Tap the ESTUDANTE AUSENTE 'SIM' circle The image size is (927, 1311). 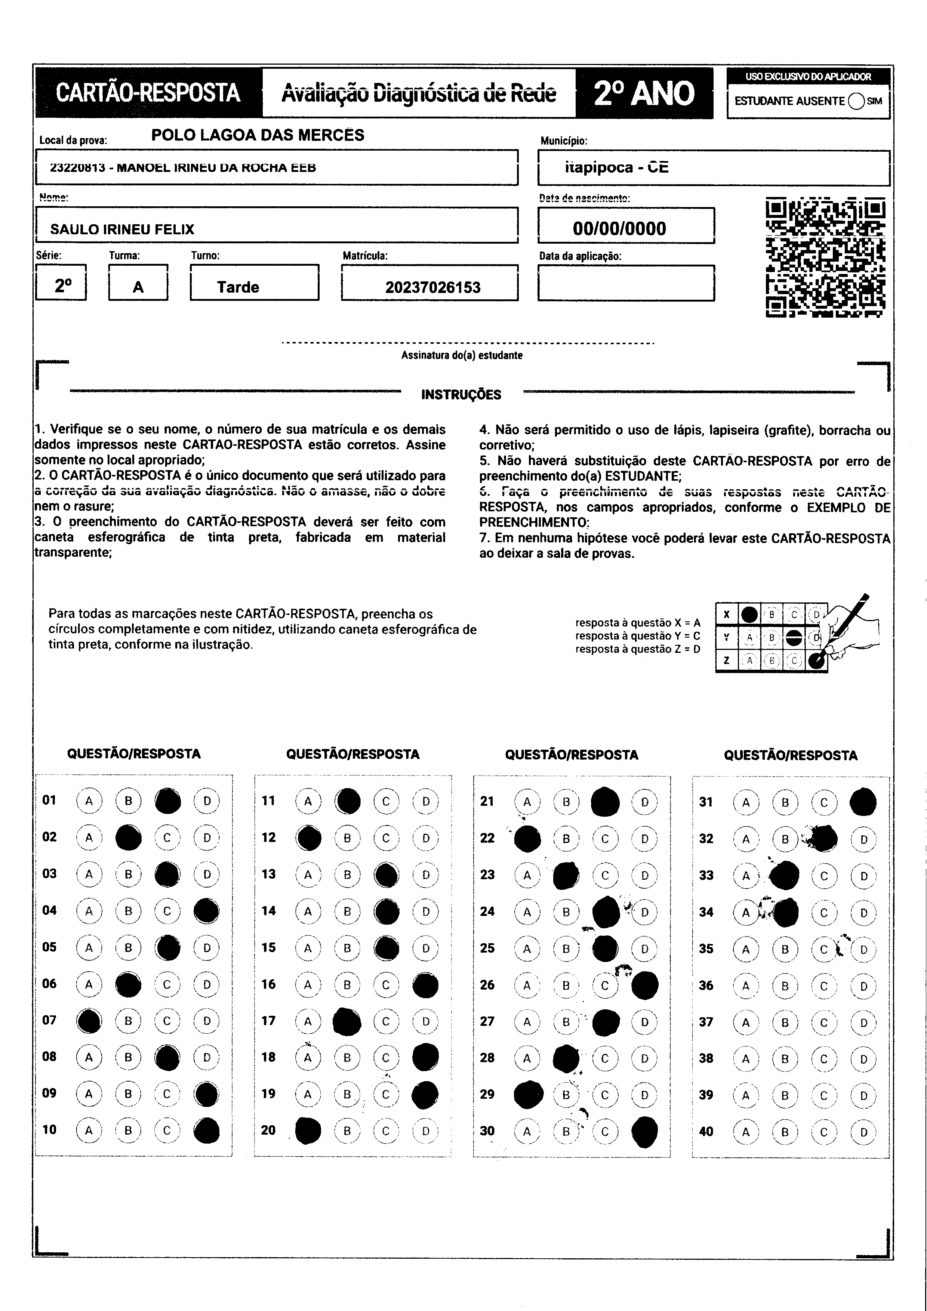tap(856, 101)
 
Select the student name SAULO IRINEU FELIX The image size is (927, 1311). tap(122, 229)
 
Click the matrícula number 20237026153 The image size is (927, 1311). tap(432, 287)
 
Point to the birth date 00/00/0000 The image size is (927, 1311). tap(619, 228)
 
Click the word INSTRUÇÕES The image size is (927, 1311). tap(461, 395)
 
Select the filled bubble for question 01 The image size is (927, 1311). tap(168, 801)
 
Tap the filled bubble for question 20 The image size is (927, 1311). tap(308, 1130)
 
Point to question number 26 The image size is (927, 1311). tap(487, 984)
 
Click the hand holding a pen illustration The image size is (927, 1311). tap(851, 628)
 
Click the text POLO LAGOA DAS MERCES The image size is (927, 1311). tap(258, 135)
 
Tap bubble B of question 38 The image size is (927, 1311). tap(785, 1059)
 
